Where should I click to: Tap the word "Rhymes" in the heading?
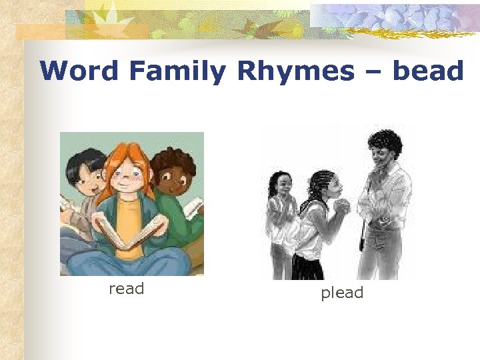click(x=295, y=71)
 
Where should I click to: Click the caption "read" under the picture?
click(x=126, y=289)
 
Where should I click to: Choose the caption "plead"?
click(x=342, y=293)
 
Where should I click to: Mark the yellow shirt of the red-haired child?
click(x=131, y=213)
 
